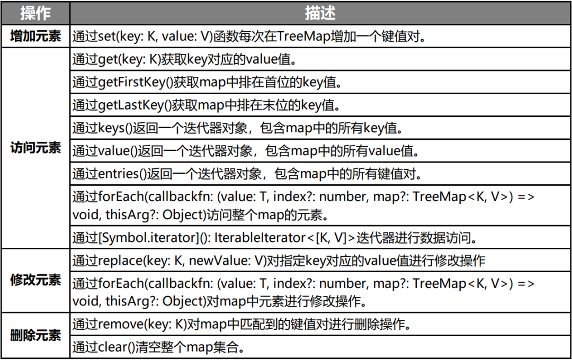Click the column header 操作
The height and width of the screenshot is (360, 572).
[35, 13]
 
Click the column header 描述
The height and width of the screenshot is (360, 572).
[320, 13]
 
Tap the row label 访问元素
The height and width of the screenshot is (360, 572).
[35, 148]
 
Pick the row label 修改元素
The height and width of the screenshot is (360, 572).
[35, 280]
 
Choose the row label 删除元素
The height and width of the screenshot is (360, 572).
[35, 335]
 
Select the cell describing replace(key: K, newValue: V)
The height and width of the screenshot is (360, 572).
[279, 261]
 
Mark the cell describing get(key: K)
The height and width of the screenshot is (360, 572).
[183, 59]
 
